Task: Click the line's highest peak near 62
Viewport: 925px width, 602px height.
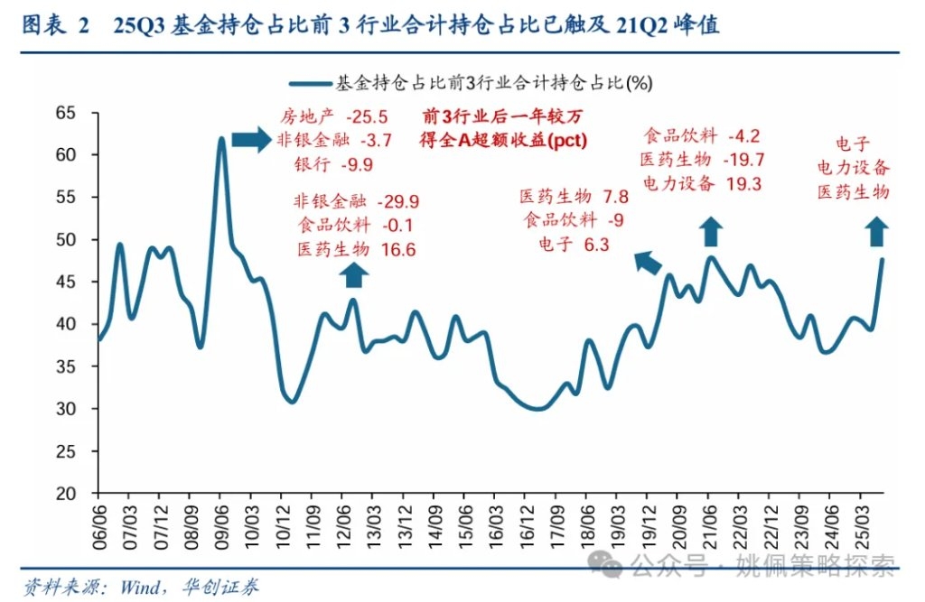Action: click(x=221, y=138)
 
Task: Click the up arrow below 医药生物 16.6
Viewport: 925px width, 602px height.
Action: click(x=355, y=275)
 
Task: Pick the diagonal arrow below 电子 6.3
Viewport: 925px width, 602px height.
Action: click(x=647, y=262)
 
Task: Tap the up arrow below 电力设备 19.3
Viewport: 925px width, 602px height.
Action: click(x=712, y=231)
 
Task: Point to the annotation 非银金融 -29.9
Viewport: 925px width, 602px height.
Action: click(x=355, y=202)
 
